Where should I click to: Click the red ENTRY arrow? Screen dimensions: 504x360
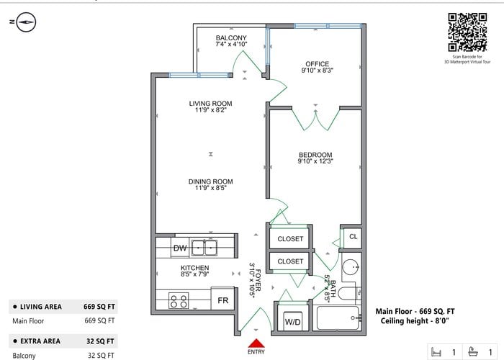[256, 343]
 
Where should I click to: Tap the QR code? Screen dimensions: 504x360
[467, 32]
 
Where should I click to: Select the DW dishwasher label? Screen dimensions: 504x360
[180, 248]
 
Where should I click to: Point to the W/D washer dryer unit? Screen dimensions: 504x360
[292, 321]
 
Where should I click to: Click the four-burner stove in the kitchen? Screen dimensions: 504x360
[179, 300]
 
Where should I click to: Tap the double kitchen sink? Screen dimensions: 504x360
[204, 248]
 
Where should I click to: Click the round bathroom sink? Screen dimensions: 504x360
[351, 267]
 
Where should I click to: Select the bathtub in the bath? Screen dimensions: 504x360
[338, 318]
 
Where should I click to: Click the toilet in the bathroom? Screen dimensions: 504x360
[349, 293]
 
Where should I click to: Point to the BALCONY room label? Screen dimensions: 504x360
[231, 38]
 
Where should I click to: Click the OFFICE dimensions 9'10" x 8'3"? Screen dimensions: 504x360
[318, 71]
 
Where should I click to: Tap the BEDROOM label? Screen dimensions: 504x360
[315, 155]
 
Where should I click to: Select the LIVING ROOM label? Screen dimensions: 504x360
[210, 104]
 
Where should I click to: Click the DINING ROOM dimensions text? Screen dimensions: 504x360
[211, 188]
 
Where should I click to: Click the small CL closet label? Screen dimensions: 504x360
[354, 237]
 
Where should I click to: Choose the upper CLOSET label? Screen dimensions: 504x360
[290, 239]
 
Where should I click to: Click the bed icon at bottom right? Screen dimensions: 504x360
[436, 351]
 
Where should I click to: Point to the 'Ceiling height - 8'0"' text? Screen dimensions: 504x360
[415, 321]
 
